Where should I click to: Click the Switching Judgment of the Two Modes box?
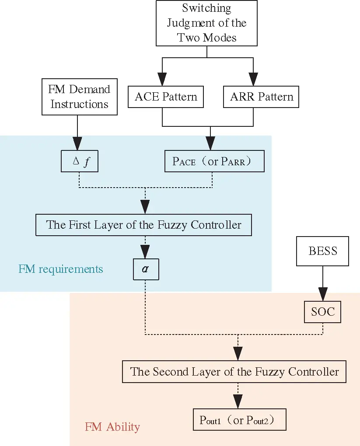pos(206,23)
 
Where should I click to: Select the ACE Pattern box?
pos(166,97)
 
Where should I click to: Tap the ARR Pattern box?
pos(261,97)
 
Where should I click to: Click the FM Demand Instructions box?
pos(79,97)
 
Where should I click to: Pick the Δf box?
pos(79,162)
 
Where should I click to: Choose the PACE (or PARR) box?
pos(214,161)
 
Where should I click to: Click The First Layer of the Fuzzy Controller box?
pos(143,225)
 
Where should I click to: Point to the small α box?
pos(145,269)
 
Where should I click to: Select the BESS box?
pos(323,251)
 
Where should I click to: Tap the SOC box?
pos(323,312)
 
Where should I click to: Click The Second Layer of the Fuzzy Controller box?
pos(234,372)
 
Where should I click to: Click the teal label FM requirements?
pos(60,268)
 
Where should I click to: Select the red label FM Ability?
pos(112,426)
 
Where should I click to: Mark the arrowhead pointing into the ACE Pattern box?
pos(162,80)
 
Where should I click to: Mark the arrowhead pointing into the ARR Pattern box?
pos(253,80)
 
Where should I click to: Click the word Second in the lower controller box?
pos(172,372)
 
